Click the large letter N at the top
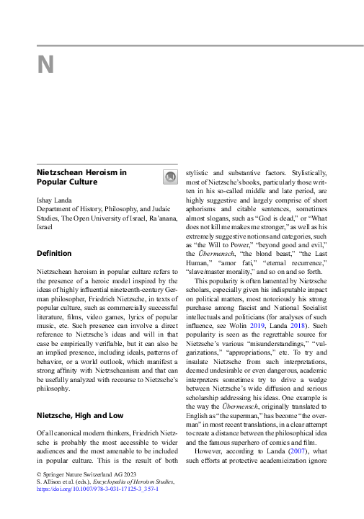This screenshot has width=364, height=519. [45, 66]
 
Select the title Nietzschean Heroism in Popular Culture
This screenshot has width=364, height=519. [81, 177]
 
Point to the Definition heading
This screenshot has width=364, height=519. [54, 254]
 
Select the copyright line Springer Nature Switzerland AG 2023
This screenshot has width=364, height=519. [82, 474]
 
